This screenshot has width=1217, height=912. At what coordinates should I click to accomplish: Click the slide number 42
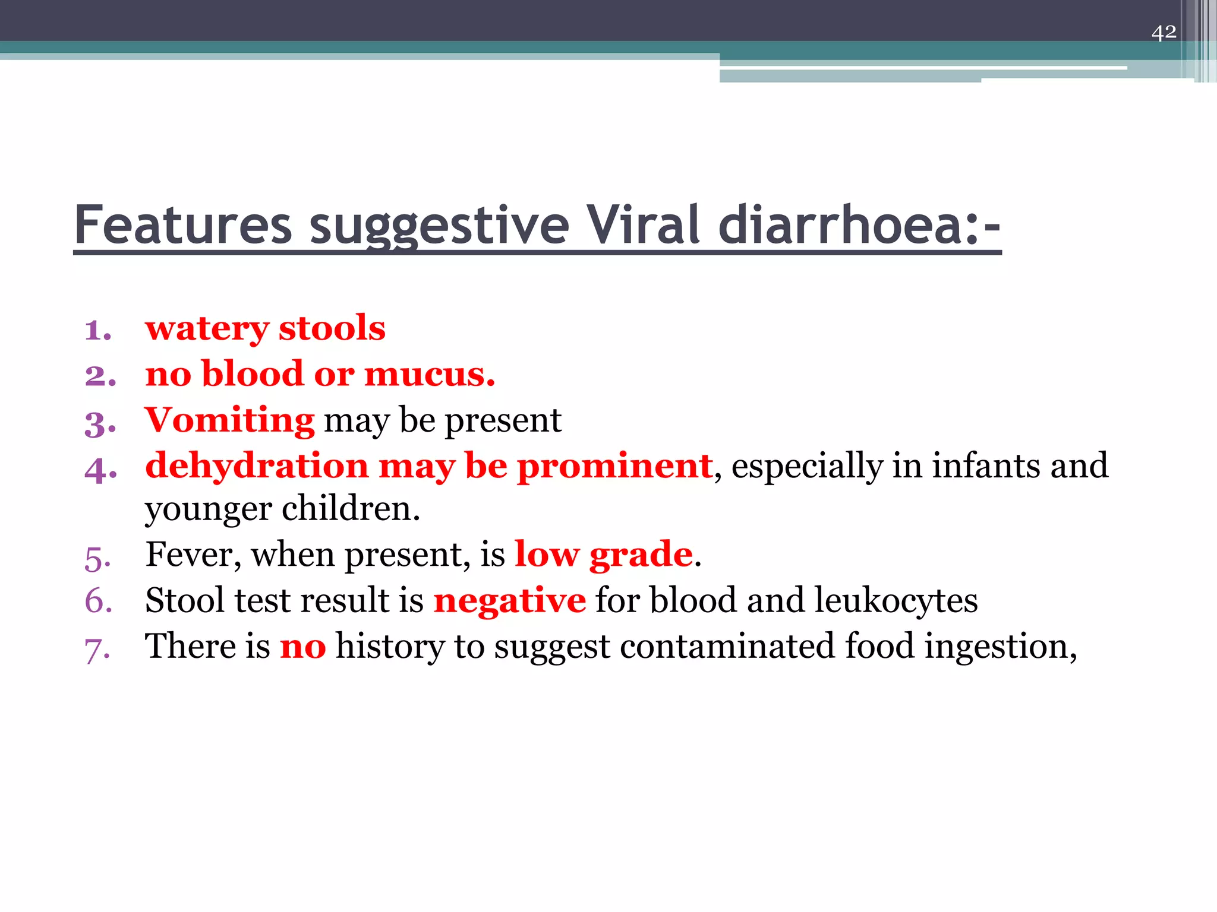pos(1164,31)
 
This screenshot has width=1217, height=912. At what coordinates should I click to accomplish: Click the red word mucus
pos(429,375)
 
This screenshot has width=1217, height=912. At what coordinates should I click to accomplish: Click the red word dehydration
pos(257,465)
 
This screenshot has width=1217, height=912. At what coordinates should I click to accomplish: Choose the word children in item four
pos(351,509)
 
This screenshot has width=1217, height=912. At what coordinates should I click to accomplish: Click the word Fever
pos(193,556)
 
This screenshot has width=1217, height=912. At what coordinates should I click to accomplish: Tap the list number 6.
pos(99,601)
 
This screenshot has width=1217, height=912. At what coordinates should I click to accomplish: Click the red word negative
pos(510,601)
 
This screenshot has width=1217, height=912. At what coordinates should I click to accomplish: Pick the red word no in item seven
pos(302,647)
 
